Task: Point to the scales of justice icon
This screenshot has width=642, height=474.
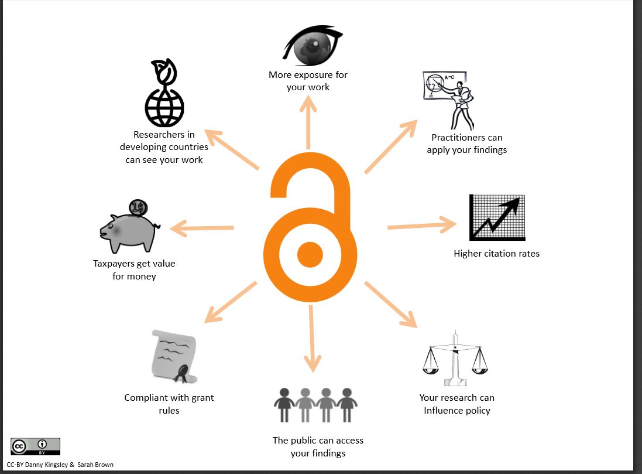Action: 455,360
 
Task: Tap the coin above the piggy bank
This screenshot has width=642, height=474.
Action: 139,207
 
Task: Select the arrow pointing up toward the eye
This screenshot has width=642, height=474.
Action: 308,121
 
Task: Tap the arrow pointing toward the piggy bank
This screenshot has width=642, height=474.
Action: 202,228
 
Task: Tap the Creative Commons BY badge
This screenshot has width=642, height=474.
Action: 35,446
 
